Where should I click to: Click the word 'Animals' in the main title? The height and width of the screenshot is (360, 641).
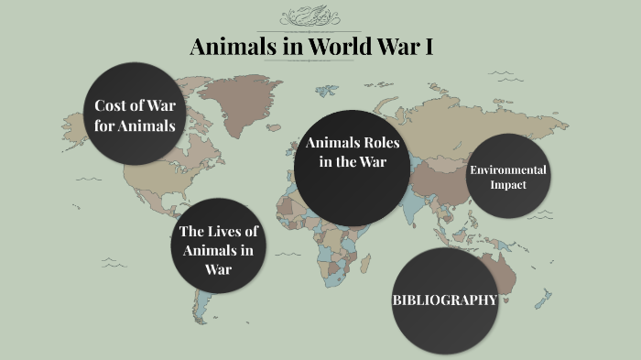click(x=227, y=48)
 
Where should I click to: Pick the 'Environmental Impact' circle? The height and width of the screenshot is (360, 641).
click(x=508, y=176)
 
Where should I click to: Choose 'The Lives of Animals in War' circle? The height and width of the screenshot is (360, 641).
click(x=218, y=245)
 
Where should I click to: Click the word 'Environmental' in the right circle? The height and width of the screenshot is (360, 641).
click(x=508, y=169)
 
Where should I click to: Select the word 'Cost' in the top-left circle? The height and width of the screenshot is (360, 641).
click(x=111, y=105)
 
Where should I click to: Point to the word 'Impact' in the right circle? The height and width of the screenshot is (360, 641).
click(x=508, y=184)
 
